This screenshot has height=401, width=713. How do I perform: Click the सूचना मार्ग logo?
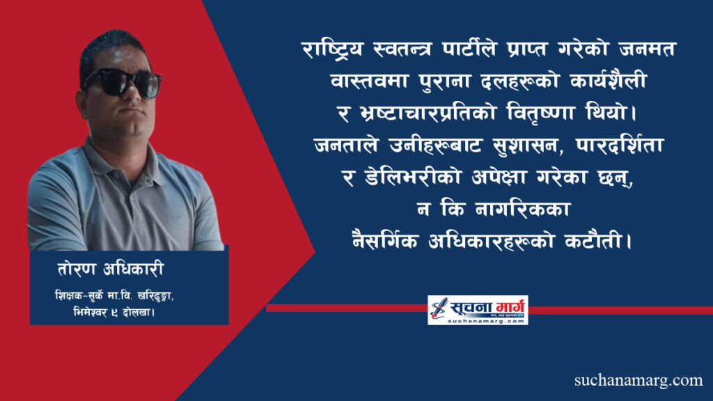[x=478, y=309]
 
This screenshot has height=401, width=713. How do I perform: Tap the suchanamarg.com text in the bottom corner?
[x=638, y=380]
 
